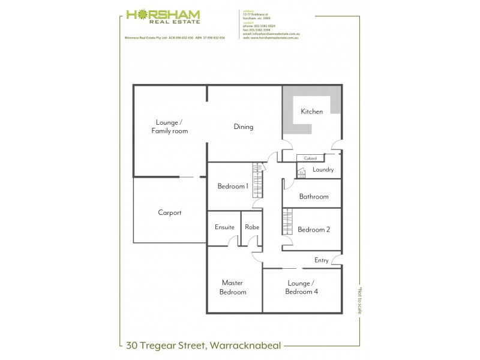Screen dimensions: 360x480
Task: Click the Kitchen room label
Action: click(312, 112)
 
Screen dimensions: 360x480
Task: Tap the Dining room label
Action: click(244, 127)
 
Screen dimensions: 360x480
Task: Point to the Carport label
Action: click(170, 212)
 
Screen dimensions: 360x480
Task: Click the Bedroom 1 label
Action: click(232, 186)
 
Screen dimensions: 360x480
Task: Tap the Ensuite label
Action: click(224, 227)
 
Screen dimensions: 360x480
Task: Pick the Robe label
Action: click(251, 227)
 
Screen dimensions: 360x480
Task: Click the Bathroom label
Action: click(314, 197)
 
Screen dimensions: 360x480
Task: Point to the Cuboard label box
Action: click(310, 158)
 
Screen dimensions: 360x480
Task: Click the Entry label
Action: click(322, 260)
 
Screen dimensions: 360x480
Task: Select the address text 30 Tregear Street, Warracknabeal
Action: click(204, 345)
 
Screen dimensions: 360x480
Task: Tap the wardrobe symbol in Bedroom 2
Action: click(287, 223)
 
